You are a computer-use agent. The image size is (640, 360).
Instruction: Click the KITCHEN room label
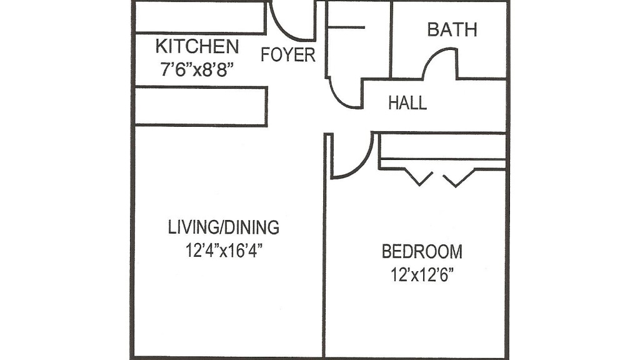pyautogui.click(x=196, y=46)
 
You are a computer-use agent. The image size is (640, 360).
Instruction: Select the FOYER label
pyautogui.click(x=288, y=55)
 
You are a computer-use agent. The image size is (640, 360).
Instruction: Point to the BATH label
pyautogui.click(x=452, y=29)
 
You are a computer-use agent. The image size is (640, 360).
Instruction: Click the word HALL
pyautogui.click(x=407, y=103)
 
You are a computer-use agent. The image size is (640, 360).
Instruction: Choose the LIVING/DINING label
pyautogui.click(x=223, y=227)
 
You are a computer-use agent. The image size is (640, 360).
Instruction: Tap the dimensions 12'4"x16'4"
pyautogui.click(x=223, y=250)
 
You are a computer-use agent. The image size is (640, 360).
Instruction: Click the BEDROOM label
pyautogui.click(x=422, y=252)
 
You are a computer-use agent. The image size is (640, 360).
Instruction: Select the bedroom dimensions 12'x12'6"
pyautogui.click(x=422, y=274)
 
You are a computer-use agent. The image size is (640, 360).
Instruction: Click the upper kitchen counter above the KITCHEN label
pyautogui.click(x=200, y=18)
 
